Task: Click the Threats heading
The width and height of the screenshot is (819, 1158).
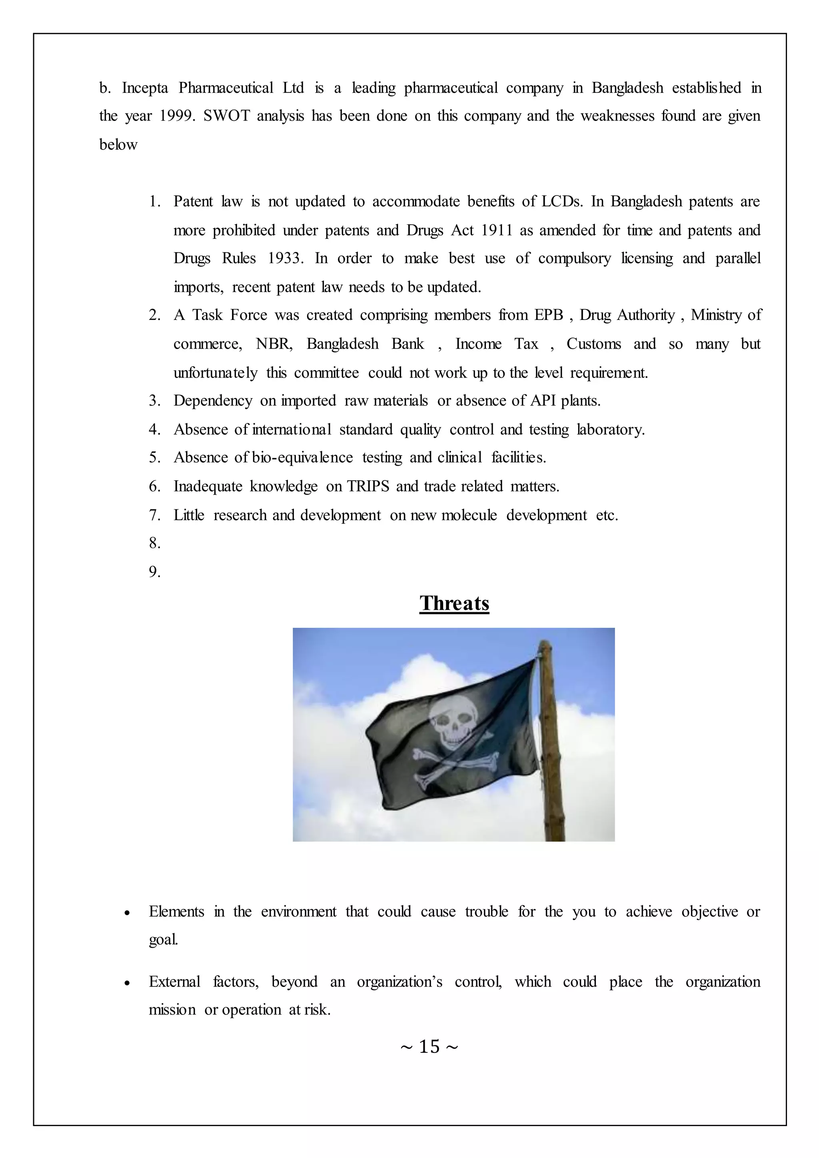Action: coord(454,603)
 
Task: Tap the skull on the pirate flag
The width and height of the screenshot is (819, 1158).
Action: coord(452,722)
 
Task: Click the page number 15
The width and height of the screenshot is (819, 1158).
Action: coord(429,1046)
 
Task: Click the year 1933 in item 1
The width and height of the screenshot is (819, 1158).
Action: coord(286,259)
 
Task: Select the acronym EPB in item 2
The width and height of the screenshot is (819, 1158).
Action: coord(549,315)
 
